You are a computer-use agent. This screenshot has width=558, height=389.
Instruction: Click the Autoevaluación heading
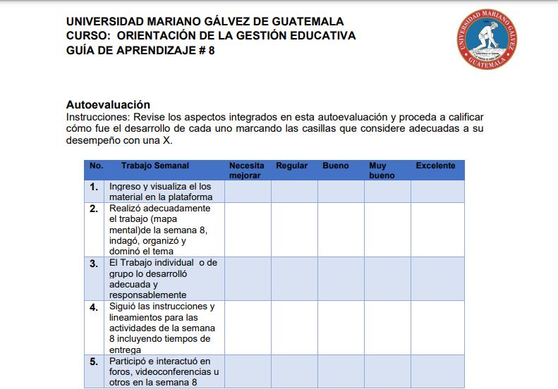point(108,105)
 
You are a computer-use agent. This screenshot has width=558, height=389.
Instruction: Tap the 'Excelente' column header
point(435,166)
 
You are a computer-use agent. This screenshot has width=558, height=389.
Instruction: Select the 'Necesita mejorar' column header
point(247,171)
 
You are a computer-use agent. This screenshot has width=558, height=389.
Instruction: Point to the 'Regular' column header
point(291,166)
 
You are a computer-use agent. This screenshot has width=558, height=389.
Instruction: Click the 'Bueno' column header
point(336,166)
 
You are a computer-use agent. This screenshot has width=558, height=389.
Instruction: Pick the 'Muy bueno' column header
point(382,171)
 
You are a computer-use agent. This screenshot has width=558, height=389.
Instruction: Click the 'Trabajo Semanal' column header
point(154,166)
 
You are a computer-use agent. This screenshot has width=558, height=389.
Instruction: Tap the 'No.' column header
point(96,166)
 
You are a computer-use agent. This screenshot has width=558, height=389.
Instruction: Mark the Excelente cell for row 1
point(437,191)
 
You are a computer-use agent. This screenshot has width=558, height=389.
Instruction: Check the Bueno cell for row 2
point(341,230)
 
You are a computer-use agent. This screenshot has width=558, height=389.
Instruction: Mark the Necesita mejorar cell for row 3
point(248,278)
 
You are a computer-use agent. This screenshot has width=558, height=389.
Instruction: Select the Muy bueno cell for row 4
point(387,327)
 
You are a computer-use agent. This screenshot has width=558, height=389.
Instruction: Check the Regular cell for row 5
point(294,371)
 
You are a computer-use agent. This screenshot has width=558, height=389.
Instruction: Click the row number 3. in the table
point(94,264)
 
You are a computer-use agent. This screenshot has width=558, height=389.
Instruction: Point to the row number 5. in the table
point(94,362)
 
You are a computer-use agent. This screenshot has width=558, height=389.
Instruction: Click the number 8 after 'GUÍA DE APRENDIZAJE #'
point(212,50)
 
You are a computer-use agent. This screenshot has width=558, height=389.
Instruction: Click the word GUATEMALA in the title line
point(298,21)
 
